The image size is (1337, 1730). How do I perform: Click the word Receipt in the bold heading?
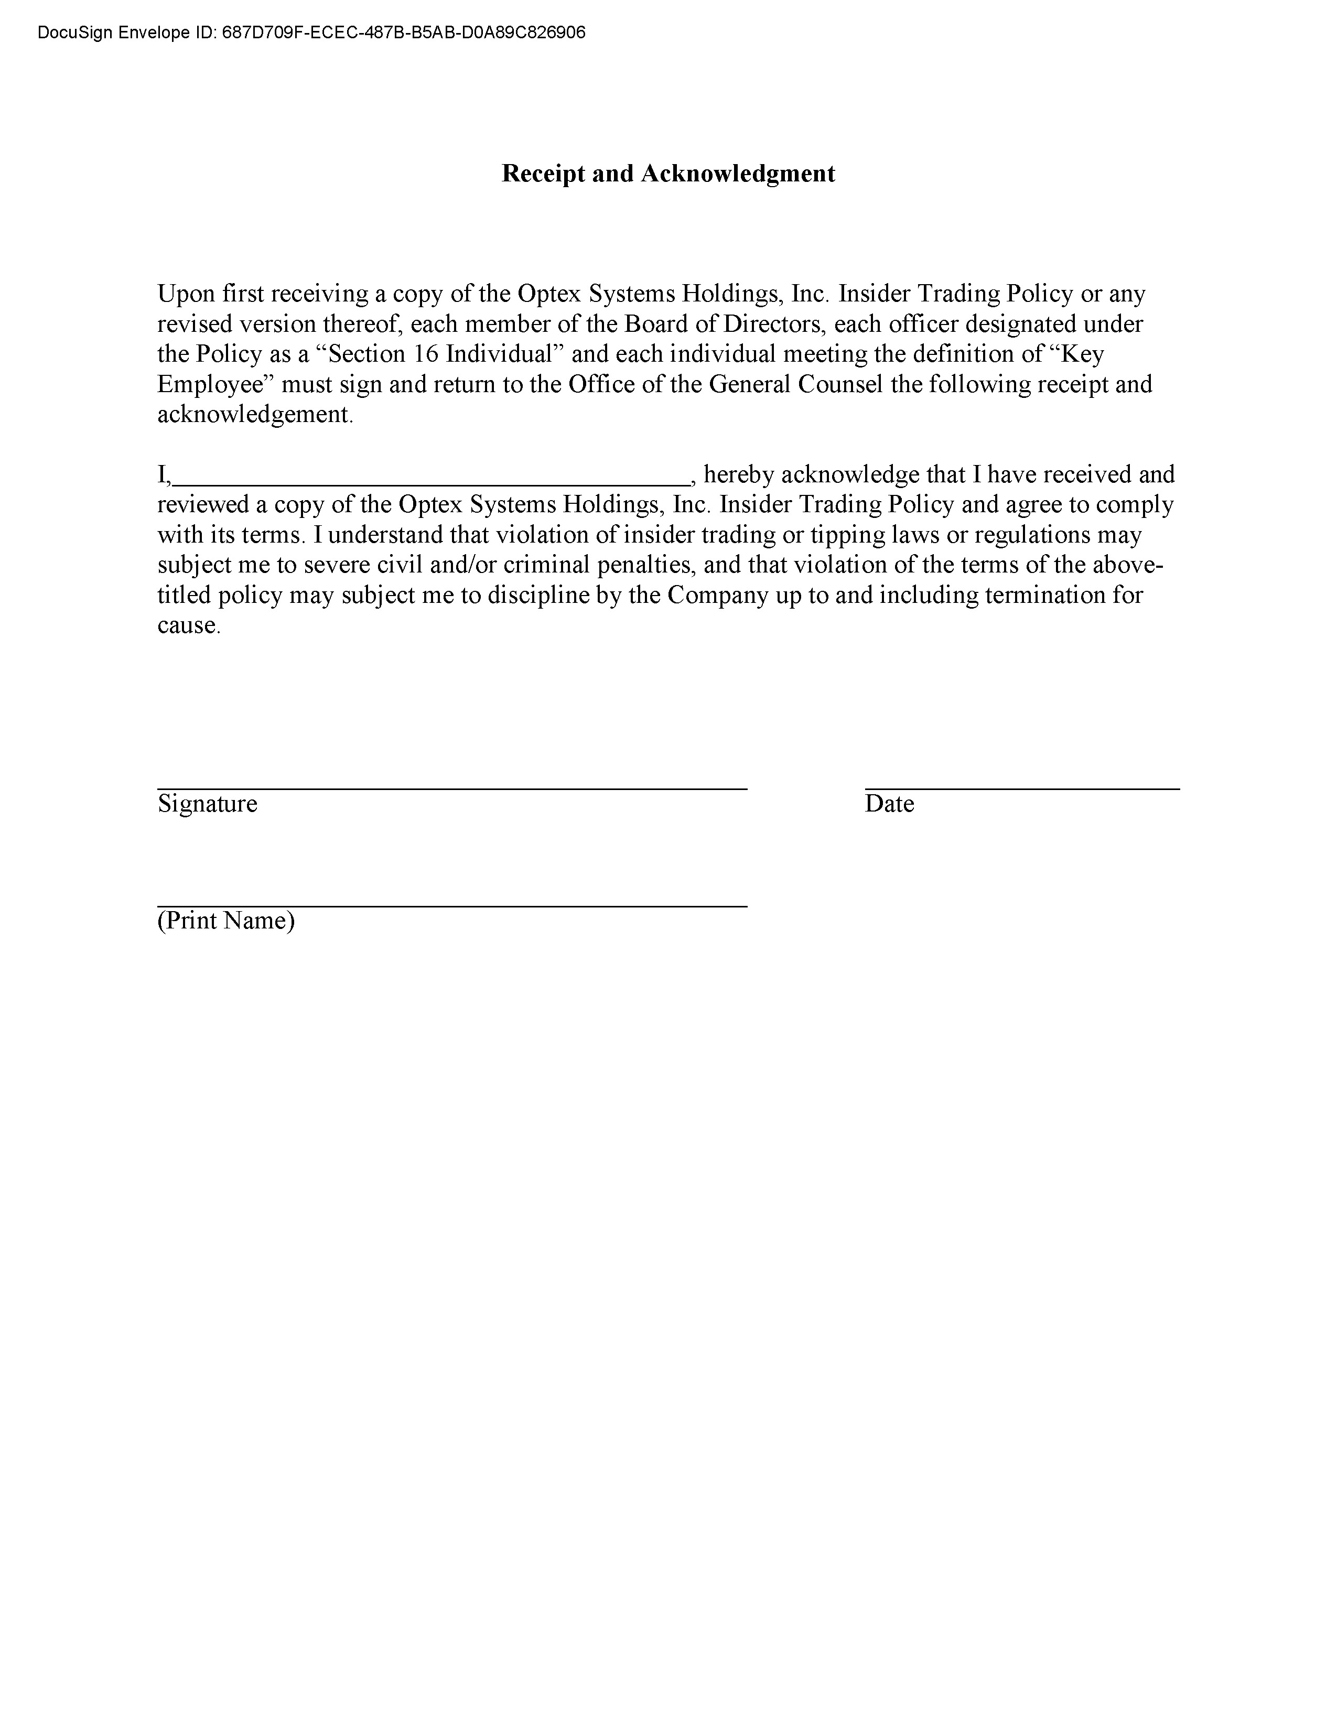coord(544,174)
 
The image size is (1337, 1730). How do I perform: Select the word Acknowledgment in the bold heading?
coord(737,174)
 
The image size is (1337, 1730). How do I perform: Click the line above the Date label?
coord(1022,788)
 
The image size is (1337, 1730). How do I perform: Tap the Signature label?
coord(208,804)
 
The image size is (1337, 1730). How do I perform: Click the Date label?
coord(889,804)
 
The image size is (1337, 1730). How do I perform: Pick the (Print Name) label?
coord(226,921)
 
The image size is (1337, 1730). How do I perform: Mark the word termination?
coord(1044,596)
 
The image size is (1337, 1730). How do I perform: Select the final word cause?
coord(187,626)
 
